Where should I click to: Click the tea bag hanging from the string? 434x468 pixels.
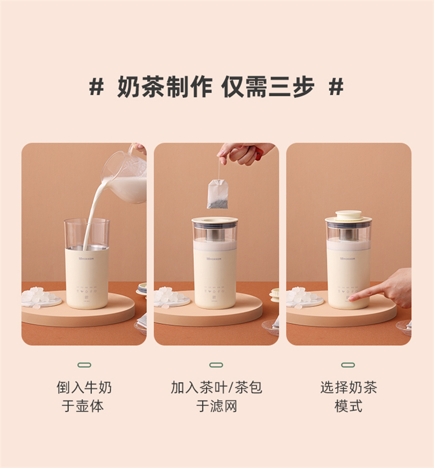tap(218, 194)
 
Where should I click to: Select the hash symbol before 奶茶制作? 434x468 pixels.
tap(97, 86)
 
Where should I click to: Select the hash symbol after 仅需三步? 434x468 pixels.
tap(336, 86)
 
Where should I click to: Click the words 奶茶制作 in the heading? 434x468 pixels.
tap(165, 87)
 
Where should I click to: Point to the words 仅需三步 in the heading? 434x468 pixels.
tap(268, 87)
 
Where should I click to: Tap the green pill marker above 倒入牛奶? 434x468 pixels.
tap(84, 365)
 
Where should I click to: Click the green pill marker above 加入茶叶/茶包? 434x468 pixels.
tap(216, 365)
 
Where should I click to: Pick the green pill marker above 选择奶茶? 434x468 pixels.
tap(348, 365)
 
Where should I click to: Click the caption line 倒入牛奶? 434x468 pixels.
tap(84, 387)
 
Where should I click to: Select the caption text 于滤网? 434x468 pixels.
tap(216, 406)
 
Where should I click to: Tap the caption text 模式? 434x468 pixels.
tap(348, 406)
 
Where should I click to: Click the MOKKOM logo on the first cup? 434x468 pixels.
tap(86, 258)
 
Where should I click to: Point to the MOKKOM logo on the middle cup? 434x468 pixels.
tap(215, 259)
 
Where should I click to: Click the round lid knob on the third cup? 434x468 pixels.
tap(348, 214)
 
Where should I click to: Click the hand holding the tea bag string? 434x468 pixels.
tap(245, 153)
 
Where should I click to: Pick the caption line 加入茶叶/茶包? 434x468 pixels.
tap(216, 387)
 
